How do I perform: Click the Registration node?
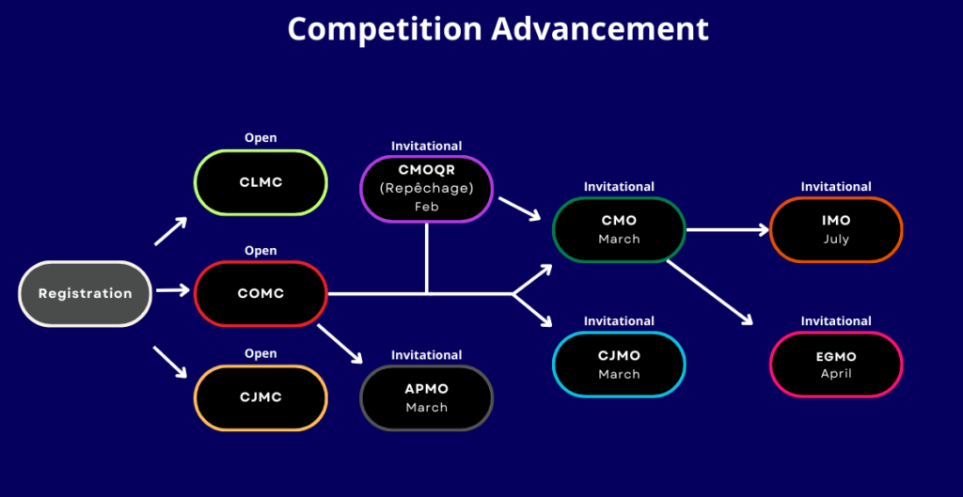coord(85,293)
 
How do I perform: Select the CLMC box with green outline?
coord(260,182)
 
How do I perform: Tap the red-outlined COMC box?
coord(260,293)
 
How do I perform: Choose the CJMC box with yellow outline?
coord(260,397)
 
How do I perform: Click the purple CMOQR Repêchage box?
coord(426,188)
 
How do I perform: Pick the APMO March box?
coord(426,397)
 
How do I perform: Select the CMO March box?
coord(619,229)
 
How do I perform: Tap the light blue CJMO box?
coord(619,365)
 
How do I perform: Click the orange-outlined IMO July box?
coord(835,229)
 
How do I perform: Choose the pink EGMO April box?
coord(835,365)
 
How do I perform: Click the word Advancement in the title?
coord(600,28)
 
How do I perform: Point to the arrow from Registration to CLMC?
coord(170,231)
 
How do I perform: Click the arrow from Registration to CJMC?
coord(170,363)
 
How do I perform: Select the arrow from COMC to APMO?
coord(340,344)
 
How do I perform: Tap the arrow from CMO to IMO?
coord(729,229)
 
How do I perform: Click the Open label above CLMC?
coord(260,138)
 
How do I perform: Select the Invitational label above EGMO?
coord(835,321)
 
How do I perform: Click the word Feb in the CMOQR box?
coord(426,206)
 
